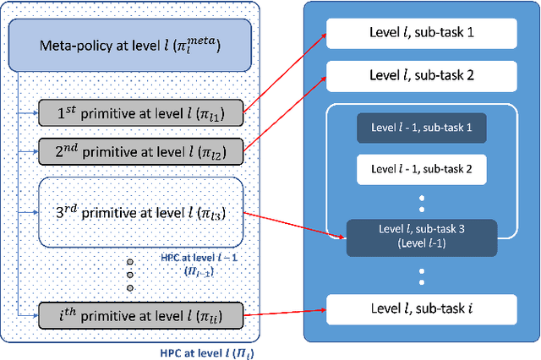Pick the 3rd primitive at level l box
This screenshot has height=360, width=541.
pos(142,212)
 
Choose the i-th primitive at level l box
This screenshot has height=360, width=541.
pos(142,316)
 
